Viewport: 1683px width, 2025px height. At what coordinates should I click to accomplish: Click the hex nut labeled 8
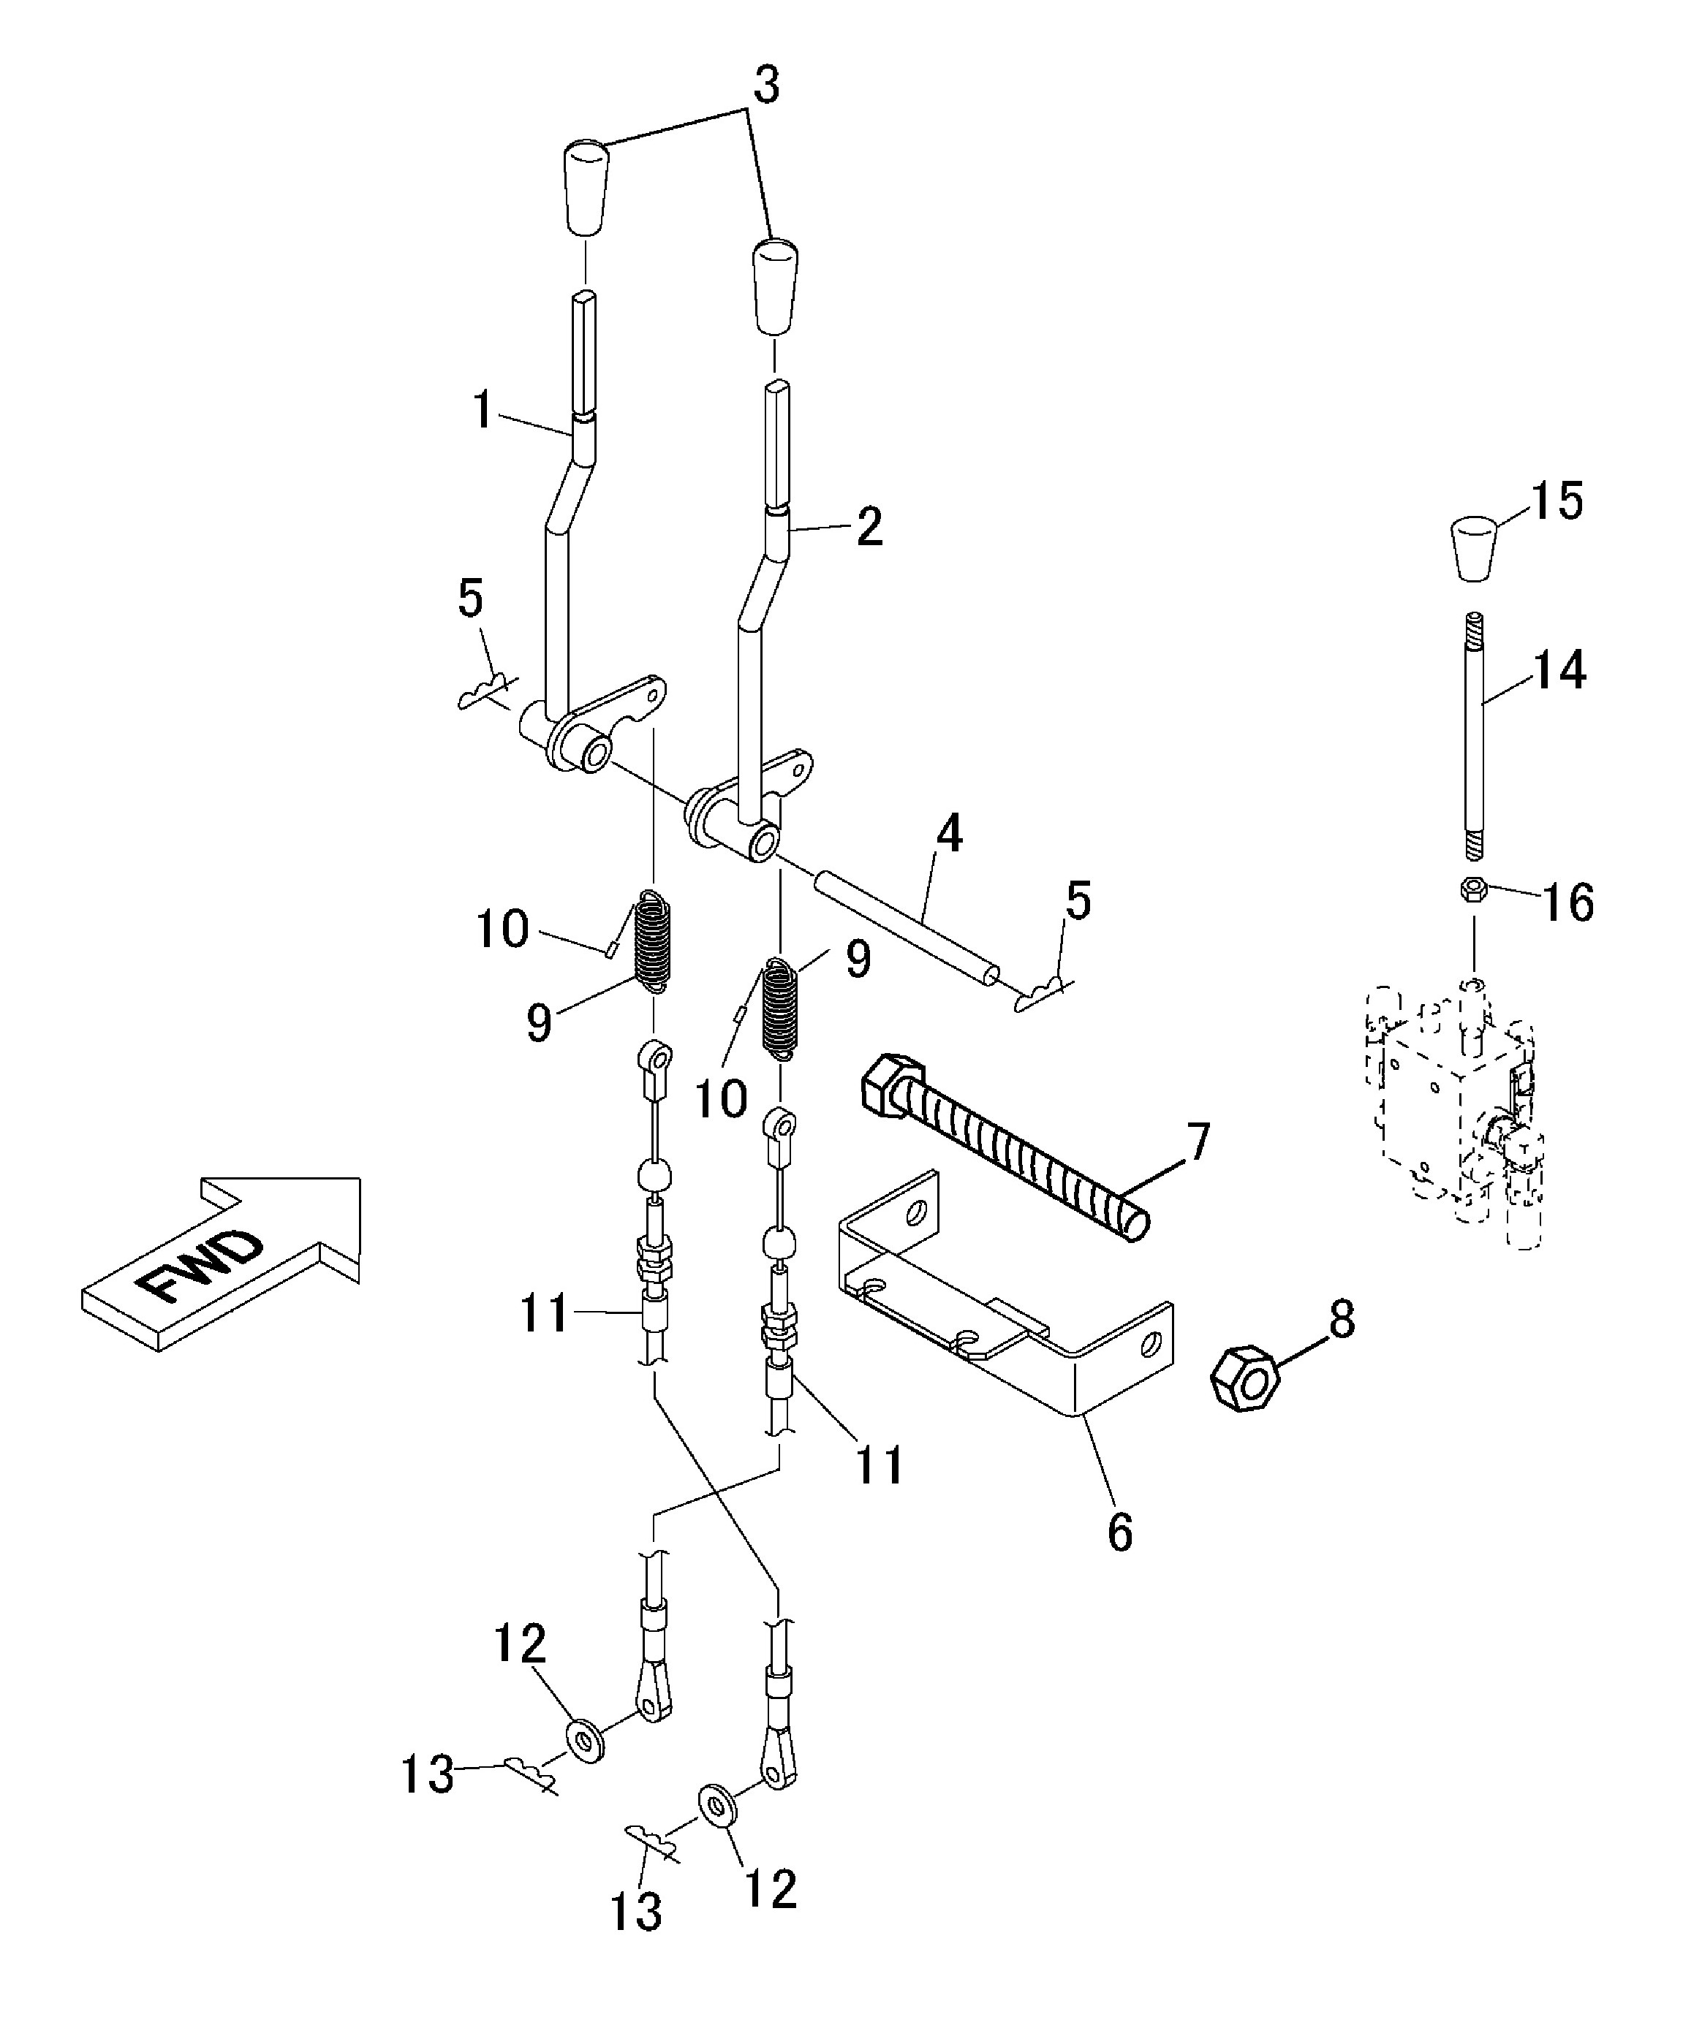point(1245,1382)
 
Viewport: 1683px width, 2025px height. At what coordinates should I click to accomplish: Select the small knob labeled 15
point(1474,549)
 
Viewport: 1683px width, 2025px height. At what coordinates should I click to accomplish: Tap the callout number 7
point(1196,1144)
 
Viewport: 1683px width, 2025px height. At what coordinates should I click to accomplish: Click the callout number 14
point(1559,669)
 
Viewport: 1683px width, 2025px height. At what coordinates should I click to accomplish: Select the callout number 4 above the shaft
point(950,833)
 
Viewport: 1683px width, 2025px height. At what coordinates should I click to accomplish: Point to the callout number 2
point(869,528)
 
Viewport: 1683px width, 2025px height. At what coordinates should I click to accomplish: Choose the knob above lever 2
point(776,286)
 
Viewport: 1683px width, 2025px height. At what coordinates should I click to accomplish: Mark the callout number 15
point(1557,501)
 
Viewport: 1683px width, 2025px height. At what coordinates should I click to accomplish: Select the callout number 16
point(1567,903)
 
